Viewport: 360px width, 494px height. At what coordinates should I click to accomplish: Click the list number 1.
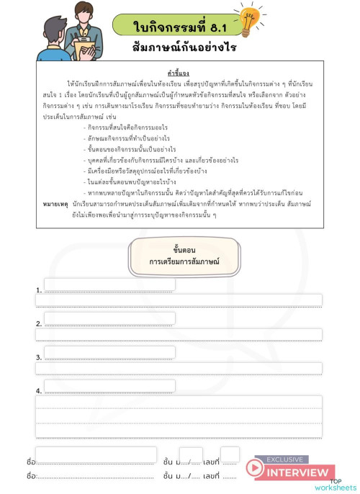(x=38, y=291)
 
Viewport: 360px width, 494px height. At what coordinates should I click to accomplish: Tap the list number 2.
(x=38, y=324)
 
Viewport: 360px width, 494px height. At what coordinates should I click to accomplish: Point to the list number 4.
(x=38, y=391)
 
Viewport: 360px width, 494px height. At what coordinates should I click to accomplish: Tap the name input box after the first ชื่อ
(x=96, y=455)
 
